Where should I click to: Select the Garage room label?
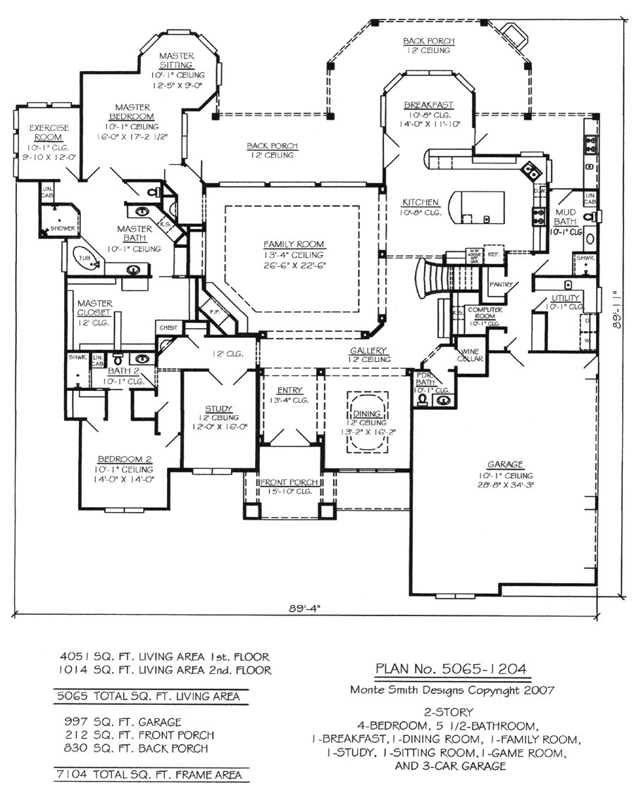click(504, 464)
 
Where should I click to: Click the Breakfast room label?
click(428, 105)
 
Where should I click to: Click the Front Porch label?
click(290, 482)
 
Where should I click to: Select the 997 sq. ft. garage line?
click(122, 722)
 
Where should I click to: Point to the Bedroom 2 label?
click(125, 458)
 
